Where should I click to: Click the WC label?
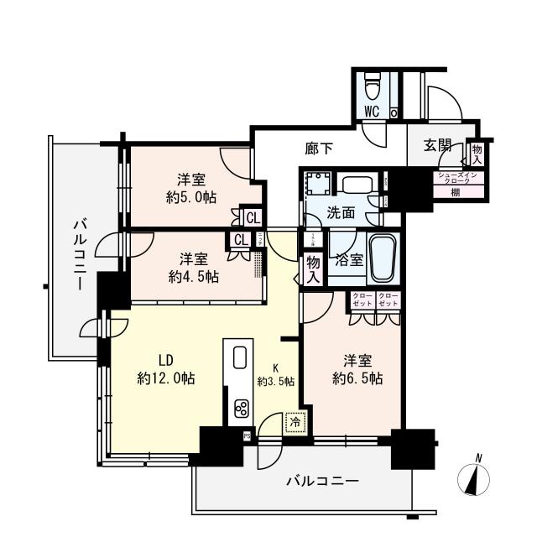click(373, 111)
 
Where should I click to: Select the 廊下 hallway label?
click(319, 149)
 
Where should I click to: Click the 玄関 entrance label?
click(437, 146)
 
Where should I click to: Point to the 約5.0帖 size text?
click(192, 197)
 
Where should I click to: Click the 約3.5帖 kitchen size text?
click(277, 381)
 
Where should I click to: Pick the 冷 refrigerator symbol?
click(294, 423)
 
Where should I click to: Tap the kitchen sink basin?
click(237, 358)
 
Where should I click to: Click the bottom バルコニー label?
click(322, 482)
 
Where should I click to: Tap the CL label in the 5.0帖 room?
click(253, 217)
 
